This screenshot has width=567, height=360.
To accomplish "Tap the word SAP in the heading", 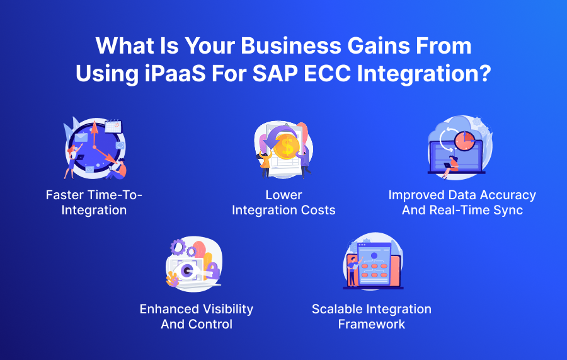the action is (x=275, y=73).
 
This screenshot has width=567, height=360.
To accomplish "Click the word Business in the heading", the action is (x=291, y=45).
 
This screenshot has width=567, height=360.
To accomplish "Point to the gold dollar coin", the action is (x=287, y=146).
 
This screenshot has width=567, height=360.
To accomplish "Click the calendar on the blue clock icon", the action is (x=113, y=126).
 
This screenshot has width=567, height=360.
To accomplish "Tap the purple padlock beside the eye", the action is (x=213, y=270).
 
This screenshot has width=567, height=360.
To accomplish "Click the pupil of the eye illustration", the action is (x=187, y=270).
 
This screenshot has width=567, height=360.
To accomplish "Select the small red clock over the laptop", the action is (x=465, y=141).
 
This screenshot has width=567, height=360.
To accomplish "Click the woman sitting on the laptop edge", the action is (x=450, y=167).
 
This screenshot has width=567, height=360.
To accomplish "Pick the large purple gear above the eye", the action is (x=178, y=247).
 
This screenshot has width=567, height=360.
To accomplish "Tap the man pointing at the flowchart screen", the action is (x=353, y=271).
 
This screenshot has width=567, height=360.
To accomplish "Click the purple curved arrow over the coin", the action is (x=277, y=136).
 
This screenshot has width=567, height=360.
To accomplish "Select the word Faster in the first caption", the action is (x=65, y=195).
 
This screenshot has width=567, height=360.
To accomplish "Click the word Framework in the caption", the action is (x=371, y=324).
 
